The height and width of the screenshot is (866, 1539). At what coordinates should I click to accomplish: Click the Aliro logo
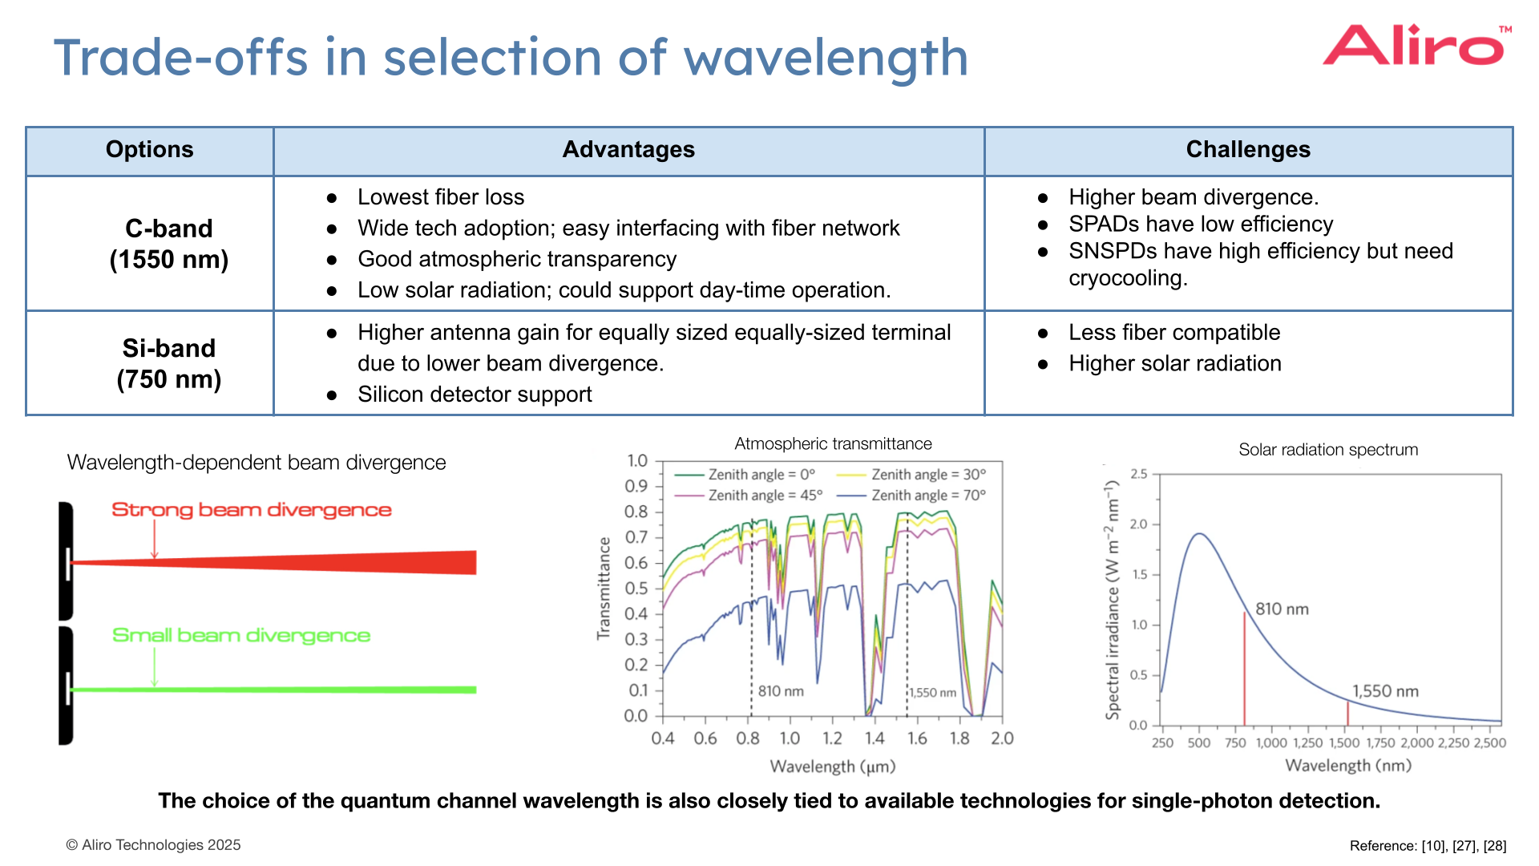pyautogui.click(x=1416, y=46)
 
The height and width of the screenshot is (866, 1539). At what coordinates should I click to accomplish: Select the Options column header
pyautogui.click(x=150, y=150)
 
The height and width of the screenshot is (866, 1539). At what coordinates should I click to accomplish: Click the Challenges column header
pyautogui.click(x=1247, y=150)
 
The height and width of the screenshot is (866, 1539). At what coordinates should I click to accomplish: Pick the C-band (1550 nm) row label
pyautogui.click(x=168, y=244)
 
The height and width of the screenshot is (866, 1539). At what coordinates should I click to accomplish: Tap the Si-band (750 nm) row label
pyautogui.click(x=168, y=363)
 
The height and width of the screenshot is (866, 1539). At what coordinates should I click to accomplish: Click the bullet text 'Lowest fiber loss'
pyautogui.click(x=440, y=197)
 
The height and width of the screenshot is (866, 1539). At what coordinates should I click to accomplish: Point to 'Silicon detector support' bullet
pyautogui.click(x=474, y=395)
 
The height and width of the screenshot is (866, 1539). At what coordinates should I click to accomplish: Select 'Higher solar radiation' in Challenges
pyautogui.click(x=1174, y=364)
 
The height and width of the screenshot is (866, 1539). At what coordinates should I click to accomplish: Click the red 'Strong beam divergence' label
pyautogui.click(x=251, y=510)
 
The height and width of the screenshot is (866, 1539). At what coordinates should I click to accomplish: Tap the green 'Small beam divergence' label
pyautogui.click(x=240, y=635)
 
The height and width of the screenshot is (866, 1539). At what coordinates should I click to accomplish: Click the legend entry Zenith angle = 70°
pyautogui.click(x=928, y=496)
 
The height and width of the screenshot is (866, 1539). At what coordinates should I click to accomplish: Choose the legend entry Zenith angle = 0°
pyautogui.click(x=761, y=475)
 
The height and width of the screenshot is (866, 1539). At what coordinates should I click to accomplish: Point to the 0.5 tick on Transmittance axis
pyautogui.click(x=636, y=589)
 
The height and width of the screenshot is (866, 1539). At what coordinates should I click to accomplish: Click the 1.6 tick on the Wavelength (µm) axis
pyautogui.click(x=917, y=739)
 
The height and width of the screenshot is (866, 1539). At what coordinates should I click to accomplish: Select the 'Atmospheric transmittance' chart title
pyautogui.click(x=833, y=444)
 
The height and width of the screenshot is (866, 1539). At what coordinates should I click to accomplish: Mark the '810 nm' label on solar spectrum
pyautogui.click(x=1282, y=609)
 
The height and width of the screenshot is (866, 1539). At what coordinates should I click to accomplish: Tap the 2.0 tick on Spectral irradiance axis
pyautogui.click(x=1138, y=524)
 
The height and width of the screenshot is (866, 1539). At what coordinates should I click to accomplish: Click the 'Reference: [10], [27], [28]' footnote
pyautogui.click(x=1428, y=846)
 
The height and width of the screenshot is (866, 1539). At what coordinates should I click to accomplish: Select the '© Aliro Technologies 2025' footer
pyautogui.click(x=153, y=845)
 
